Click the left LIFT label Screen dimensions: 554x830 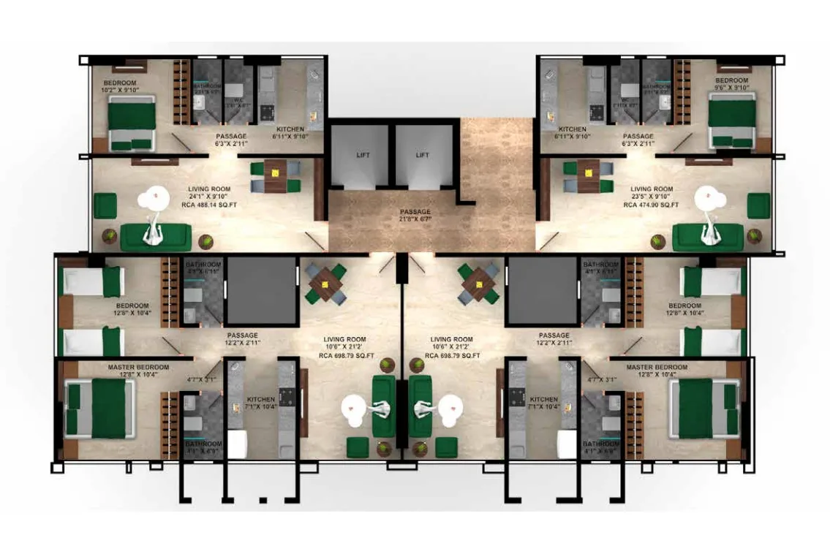[361, 156]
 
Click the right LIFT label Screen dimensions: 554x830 [422, 156]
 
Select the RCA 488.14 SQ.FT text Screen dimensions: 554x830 [208, 205]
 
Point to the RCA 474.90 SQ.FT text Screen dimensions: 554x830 [651, 205]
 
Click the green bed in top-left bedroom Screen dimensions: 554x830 [132, 122]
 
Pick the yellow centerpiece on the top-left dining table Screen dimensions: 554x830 [275, 173]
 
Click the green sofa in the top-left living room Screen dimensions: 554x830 [156, 236]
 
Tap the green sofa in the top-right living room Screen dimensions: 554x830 [707, 236]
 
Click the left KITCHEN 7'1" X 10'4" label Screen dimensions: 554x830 [260, 403]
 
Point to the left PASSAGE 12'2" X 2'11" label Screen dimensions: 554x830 [241, 339]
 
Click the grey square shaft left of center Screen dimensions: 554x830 [260, 290]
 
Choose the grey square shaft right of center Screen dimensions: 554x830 [542, 290]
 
